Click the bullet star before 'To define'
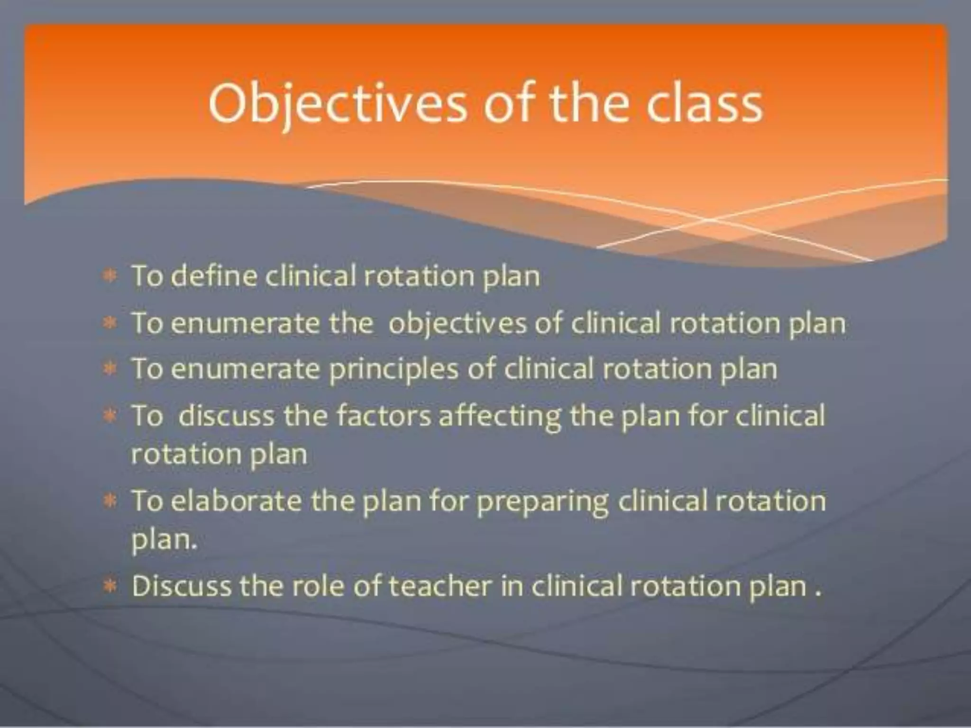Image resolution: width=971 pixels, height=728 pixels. click(x=110, y=276)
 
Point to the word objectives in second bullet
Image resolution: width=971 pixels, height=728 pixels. click(x=457, y=324)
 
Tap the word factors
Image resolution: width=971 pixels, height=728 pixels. click(x=384, y=416)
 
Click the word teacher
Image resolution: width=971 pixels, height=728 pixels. click(x=440, y=586)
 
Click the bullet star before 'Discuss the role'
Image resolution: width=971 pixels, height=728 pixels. click(x=110, y=587)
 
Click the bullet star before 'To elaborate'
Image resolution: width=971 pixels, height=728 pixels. click(x=110, y=501)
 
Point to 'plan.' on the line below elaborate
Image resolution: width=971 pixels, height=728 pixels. click(x=164, y=540)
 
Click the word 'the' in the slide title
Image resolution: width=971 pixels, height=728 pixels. click(x=591, y=105)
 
